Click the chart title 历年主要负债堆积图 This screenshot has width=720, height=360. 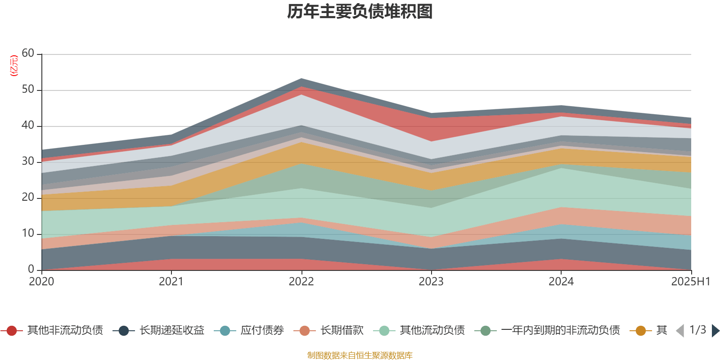360,12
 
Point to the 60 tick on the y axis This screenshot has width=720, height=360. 28,54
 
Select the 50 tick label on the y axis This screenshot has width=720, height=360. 28,90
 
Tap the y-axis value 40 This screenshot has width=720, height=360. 28,126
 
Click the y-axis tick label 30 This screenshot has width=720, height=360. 28,162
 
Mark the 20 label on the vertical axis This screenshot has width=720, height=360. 28,198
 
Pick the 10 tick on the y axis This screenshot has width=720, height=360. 28,234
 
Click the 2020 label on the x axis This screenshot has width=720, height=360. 41,282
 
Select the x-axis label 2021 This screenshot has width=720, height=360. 171,282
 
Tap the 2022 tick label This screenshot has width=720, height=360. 301,282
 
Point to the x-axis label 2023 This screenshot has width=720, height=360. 431,282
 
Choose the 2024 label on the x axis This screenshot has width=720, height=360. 561,282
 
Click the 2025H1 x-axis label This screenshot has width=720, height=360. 690,282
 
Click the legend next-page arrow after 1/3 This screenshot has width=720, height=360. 715,331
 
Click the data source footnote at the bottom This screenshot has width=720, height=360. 360,355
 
